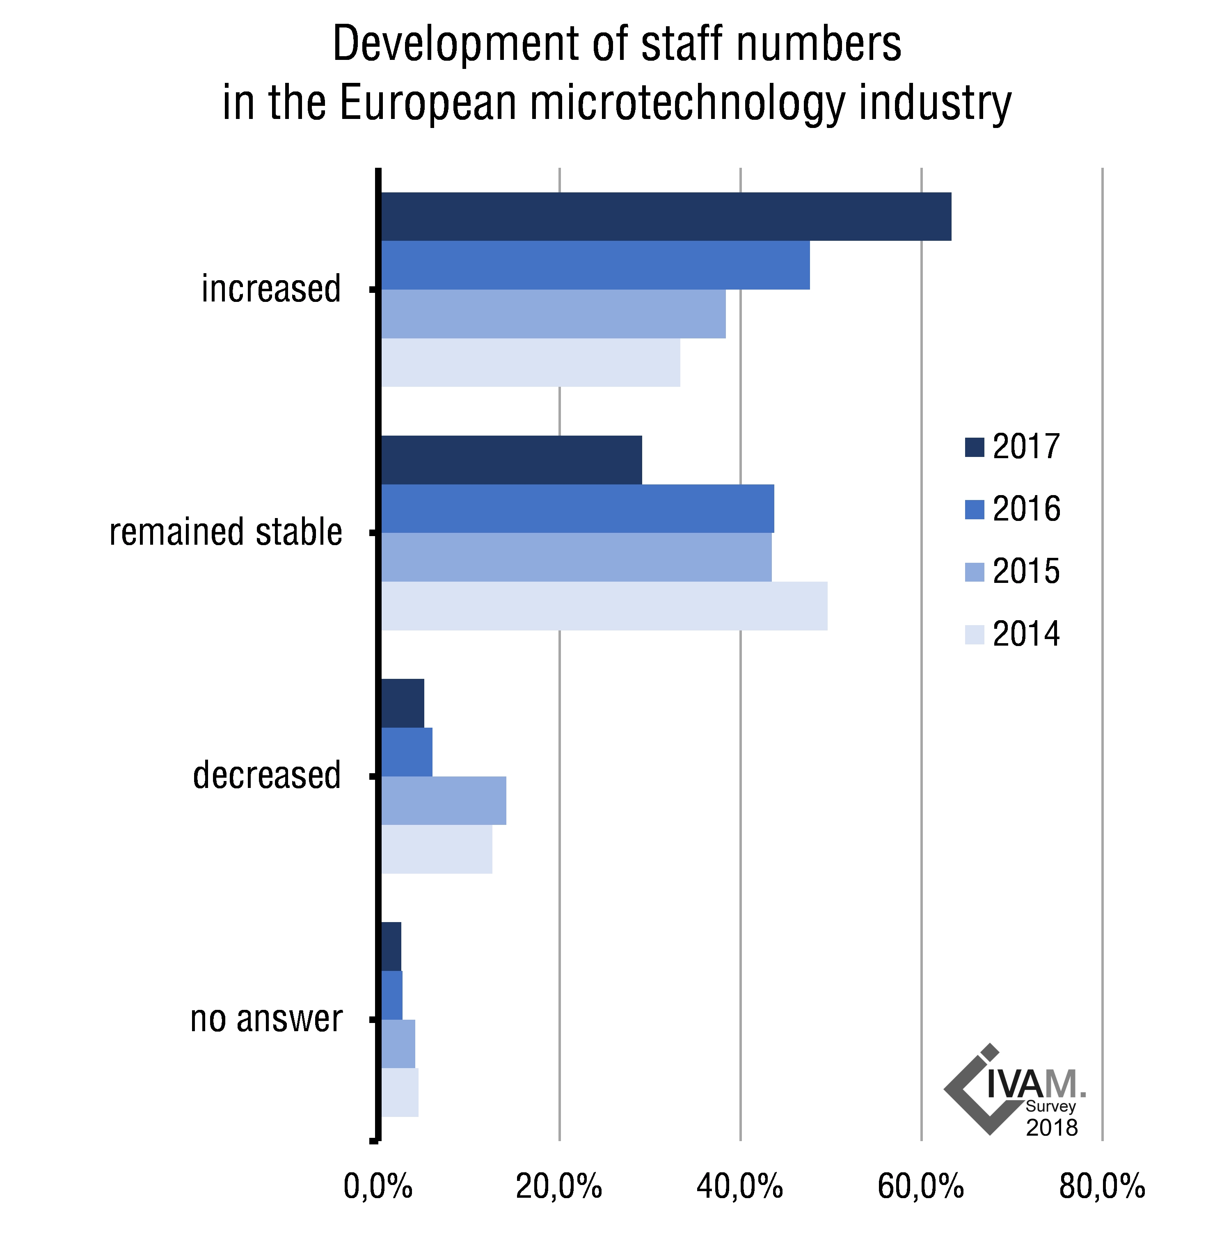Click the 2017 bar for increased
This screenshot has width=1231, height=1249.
[x=666, y=217]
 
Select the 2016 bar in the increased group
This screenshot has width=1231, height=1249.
[x=595, y=265]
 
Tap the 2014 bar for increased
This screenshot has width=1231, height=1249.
[x=530, y=363]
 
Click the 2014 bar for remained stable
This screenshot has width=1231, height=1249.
[x=604, y=605]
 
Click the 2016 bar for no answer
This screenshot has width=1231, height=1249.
[x=392, y=995]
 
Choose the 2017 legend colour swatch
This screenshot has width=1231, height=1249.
[x=974, y=447]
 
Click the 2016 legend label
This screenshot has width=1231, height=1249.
[x=1026, y=509]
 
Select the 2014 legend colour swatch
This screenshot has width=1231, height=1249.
[x=974, y=634]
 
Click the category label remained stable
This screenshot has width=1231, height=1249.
[x=226, y=532]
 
